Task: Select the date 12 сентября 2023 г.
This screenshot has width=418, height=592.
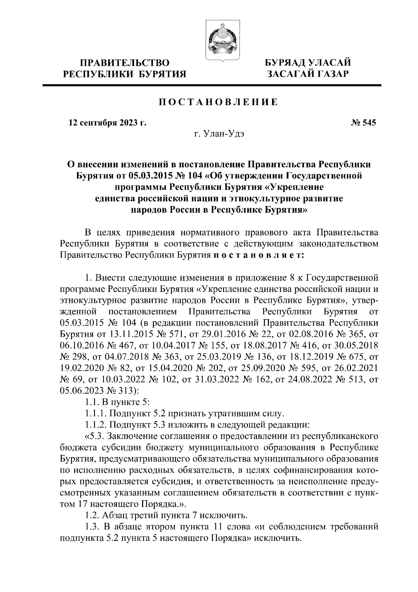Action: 107,123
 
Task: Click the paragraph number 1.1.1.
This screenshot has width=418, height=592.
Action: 95,413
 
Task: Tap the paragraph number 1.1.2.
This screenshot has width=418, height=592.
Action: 95,425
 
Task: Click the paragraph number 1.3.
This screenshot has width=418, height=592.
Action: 92,526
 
